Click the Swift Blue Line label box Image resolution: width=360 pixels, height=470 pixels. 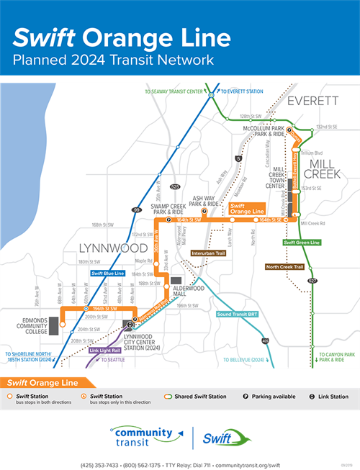(x=108, y=274)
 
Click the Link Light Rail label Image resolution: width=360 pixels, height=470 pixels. (x=104, y=351)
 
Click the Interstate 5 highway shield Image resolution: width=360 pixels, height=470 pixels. (x=238, y=158)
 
